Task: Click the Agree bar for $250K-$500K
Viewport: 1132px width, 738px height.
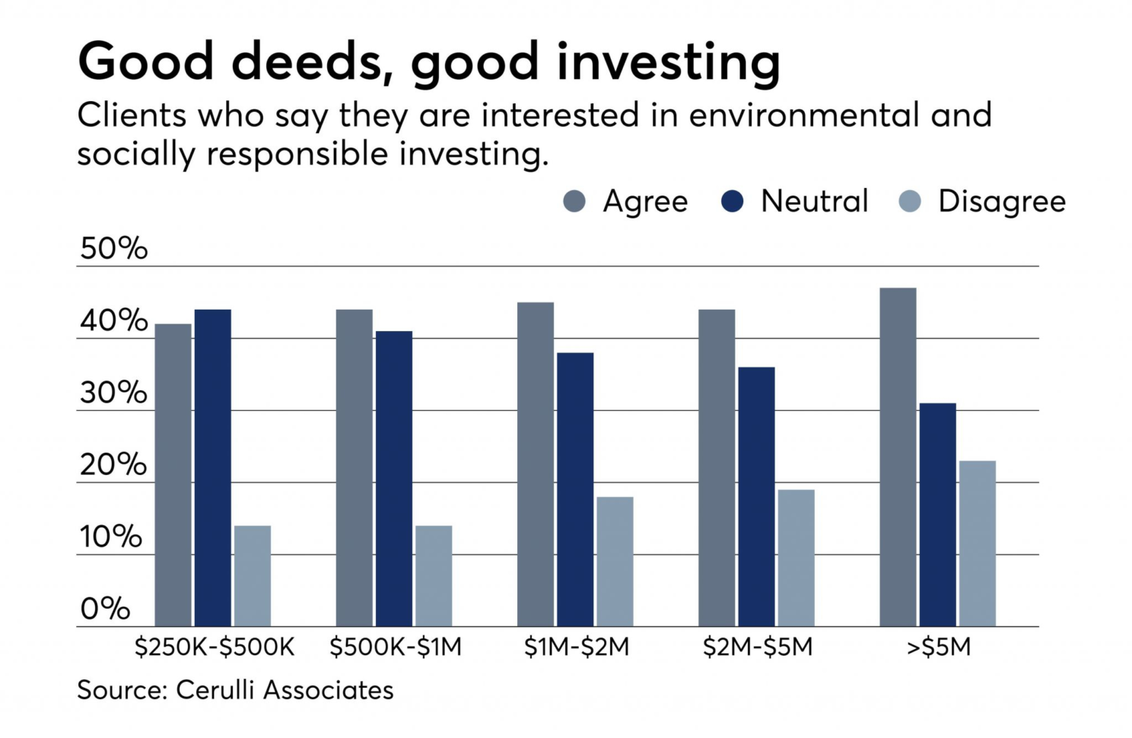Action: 173,475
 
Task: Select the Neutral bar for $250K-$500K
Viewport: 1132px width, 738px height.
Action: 213,467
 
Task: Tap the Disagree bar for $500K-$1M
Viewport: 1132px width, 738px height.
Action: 434,576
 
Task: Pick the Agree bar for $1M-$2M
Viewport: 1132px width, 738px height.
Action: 536,464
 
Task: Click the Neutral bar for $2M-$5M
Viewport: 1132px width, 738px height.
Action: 756,496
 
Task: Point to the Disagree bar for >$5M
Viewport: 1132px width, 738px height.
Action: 977,543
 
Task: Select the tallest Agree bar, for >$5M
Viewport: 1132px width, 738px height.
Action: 898,456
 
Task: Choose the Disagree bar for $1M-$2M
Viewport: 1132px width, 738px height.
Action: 615,561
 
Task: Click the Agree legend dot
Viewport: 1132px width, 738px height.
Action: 574,202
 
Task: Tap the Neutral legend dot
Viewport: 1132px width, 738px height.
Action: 732,202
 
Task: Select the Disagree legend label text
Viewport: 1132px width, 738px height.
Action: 1001,202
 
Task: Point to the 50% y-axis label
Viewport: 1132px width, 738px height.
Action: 114,249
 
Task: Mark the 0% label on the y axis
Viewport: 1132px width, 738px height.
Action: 105,609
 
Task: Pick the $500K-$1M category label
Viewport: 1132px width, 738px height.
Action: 396,647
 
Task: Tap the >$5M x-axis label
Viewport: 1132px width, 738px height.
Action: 939,647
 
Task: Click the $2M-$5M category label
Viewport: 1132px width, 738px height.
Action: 758,647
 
